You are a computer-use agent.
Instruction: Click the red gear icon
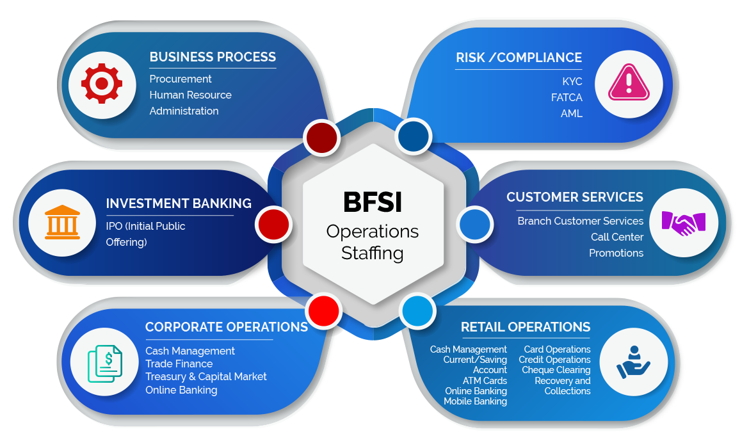click(101, 83)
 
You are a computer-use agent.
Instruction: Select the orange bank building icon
click(62, 223)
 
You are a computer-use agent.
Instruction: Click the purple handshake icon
click(682, 223)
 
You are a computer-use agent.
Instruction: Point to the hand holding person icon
click(633, 363)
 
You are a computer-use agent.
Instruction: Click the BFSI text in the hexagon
click(372, 203)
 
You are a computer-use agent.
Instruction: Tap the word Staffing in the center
click(372, 253)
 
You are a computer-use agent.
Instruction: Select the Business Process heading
click(213, 57)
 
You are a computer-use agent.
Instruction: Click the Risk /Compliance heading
click(519, 58)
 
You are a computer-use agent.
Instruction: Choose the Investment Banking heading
click(179, 204)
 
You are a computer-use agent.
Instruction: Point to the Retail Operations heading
click(526, 327)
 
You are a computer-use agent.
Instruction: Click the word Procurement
click(181, 79)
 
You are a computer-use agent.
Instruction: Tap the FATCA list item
click(567, 98)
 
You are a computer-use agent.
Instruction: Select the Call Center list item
click(617, 237)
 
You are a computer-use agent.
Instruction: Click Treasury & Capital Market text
click(206, 376)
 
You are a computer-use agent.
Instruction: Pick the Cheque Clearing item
click(556, 370)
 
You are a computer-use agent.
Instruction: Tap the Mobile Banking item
click(475, 401)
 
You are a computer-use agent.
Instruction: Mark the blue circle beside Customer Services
click(475, 225)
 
